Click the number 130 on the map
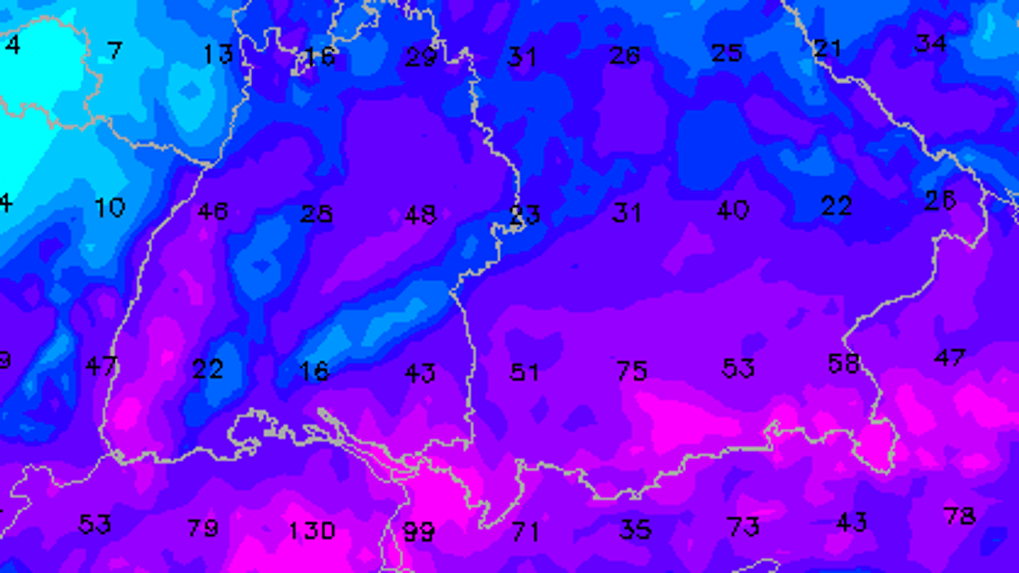point(312,531)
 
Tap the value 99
point(419,532)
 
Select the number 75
point(633,370)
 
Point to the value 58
point(844,364)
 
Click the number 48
point(420,215)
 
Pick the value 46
point(212,211)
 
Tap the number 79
point(203,528)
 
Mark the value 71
point(526,532)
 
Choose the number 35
point(635,531)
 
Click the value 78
point(959,515)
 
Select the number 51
point(524,372)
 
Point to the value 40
point(733,210)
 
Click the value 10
point(110,207)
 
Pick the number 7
point(115,51)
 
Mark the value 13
point(217,54)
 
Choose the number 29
point(420,57)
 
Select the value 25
point(727,53)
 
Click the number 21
point(827,48)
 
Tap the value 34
point(931,42)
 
